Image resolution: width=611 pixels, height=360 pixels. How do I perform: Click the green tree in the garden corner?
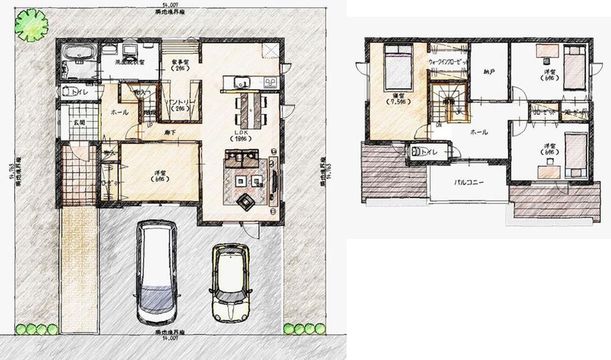(31, 24)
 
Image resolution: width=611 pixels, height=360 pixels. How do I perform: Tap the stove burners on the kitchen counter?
(270, 82)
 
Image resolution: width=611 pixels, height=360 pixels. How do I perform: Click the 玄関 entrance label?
(79, 123)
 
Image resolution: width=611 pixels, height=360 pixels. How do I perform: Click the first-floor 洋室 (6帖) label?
(160, 175)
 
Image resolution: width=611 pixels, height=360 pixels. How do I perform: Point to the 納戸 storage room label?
(488, 72)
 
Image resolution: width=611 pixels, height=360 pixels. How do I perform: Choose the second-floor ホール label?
(478, 131)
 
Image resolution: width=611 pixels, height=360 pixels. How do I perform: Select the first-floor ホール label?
(119, 112)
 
